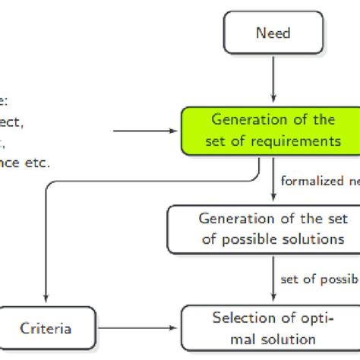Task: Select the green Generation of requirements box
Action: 272,129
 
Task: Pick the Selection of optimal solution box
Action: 272,327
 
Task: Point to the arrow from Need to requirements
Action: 273,80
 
